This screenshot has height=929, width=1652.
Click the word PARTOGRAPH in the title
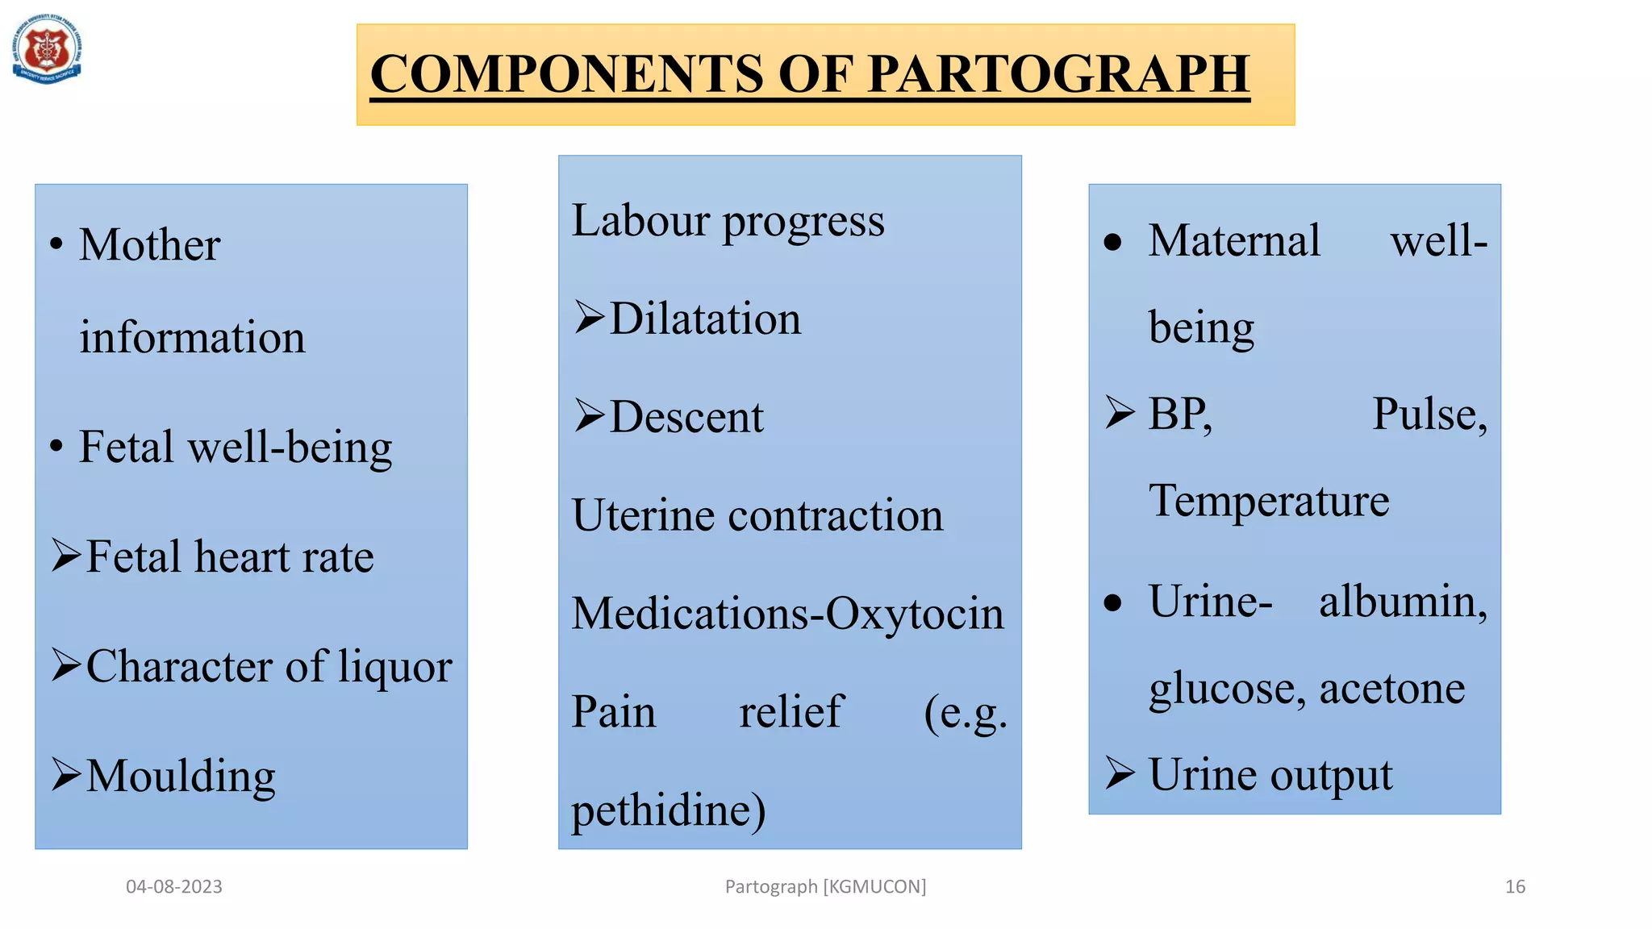[x=1058, y=74]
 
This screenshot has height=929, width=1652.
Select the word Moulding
[x=181, y=776]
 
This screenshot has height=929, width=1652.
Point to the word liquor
[x=394, y=668]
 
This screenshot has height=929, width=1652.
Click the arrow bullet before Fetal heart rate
[x=66, y=556]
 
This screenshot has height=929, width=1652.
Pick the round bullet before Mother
[x=56, y=244]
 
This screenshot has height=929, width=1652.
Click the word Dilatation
[x=705, y=319]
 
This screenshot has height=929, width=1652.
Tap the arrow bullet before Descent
[x=589, y=416]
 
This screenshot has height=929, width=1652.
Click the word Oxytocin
[x=915, y=614]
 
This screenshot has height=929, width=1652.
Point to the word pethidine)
[x=668, y=810]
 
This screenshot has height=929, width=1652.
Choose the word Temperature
[x=1269, y=500]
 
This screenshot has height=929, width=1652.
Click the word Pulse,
[x=1429, y=415]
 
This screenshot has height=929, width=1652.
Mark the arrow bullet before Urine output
[x=1120, y=773]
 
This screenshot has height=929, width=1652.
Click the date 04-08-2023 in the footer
[x=174, y=887]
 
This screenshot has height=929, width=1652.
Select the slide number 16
[x=1515, y=887]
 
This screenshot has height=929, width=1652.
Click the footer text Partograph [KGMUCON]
[x=825, y=887]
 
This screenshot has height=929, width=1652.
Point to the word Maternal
[x=1234, y=240]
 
